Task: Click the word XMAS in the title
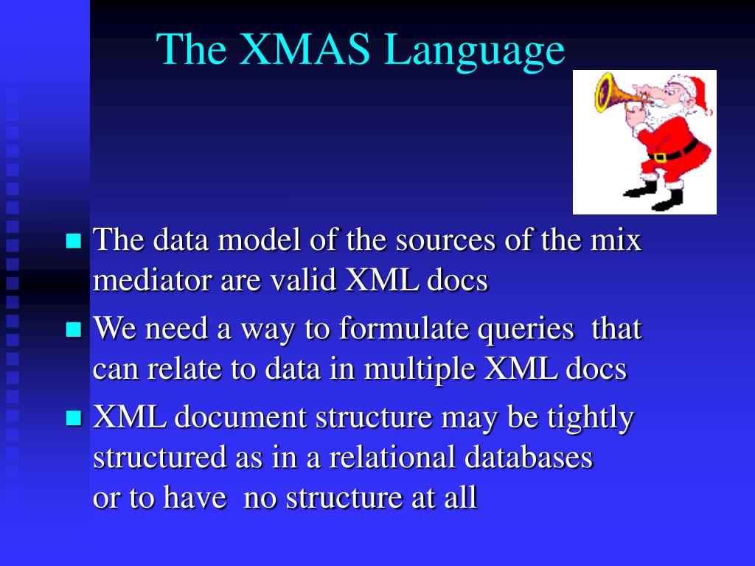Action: point(305,49)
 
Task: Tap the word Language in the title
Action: point(475,52)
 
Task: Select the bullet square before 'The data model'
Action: point(74,240)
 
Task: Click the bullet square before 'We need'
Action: point(74,329)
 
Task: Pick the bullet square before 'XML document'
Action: point(74,418)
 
